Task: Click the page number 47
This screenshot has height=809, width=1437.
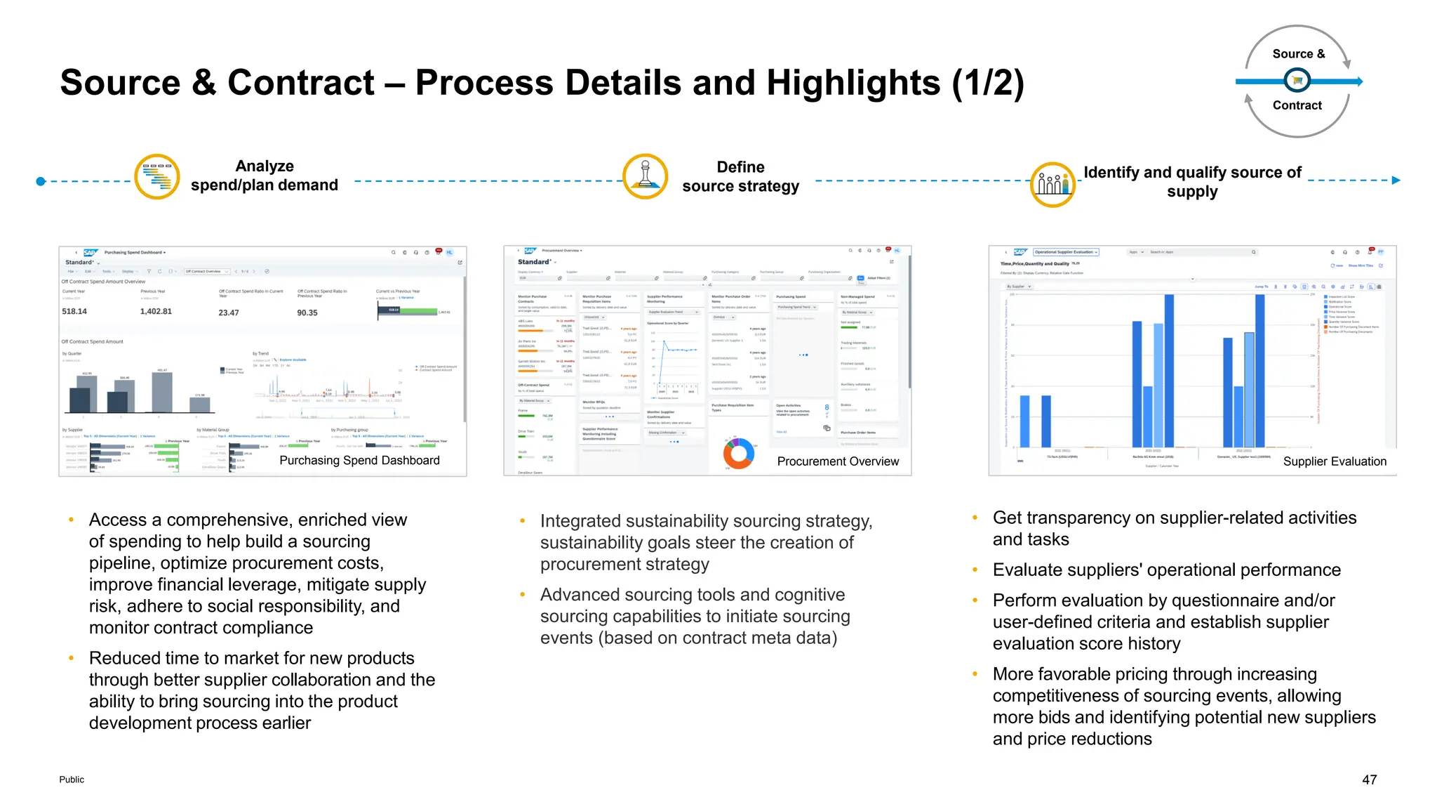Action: point(1369,780)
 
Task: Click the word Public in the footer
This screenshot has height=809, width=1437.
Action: point(72,780)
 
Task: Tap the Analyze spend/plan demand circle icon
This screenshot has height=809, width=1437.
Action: point(157,176)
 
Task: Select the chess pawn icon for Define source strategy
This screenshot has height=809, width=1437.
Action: point(645,176)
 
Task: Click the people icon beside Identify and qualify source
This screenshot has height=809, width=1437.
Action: point(1052,185)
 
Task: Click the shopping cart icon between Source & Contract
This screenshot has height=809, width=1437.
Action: point(1297,81)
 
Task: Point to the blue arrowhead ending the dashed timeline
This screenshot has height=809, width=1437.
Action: point(1396,180)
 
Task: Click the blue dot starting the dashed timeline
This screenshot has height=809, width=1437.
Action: point(41,181)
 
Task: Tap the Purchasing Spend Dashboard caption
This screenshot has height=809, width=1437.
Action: point(359,460)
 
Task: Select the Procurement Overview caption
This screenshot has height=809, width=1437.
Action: point(838,461)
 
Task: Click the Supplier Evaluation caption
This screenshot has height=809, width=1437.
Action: point(1335,461)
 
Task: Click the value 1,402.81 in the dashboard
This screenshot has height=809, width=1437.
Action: point(156,311)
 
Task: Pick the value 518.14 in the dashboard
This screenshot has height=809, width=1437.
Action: point(74,311)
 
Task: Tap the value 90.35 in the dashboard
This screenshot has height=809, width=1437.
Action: point(307,313)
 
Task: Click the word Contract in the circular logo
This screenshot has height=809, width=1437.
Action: point(1297,105)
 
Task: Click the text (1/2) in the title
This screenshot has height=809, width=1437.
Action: point(988,83)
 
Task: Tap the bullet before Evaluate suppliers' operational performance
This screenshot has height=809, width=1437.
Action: point(975,570)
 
